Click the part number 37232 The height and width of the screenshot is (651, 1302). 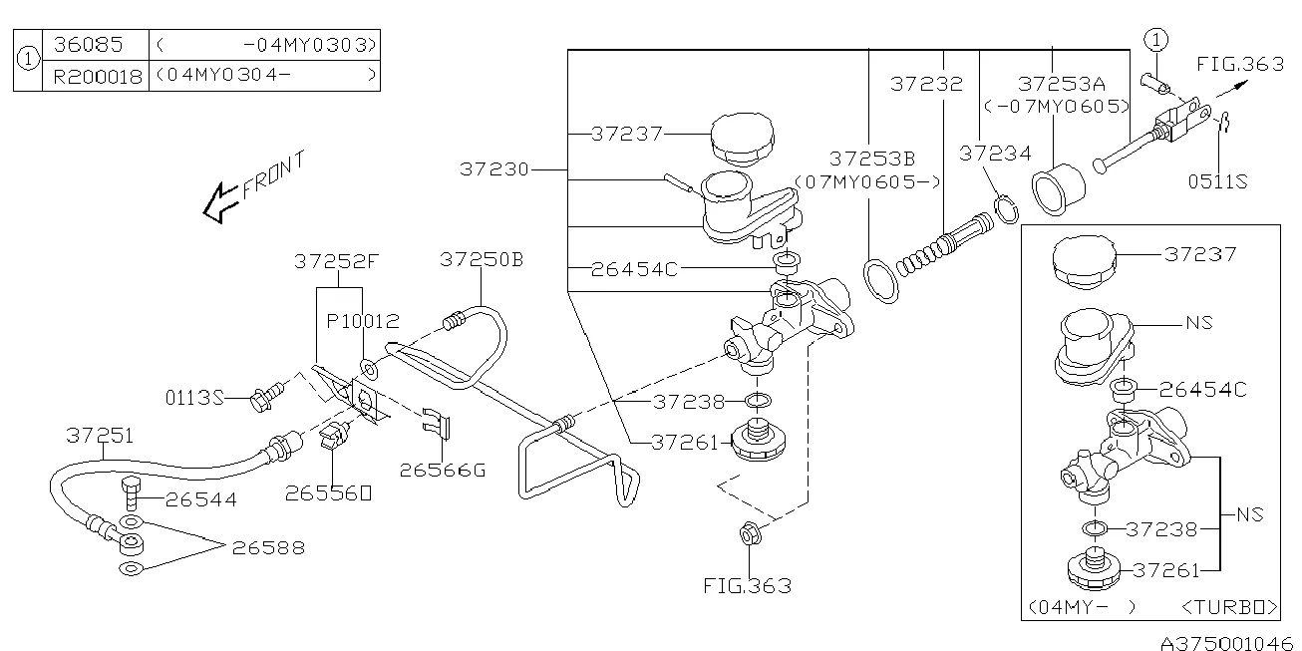tap(926, 84)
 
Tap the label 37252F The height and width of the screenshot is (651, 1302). tap(336, 261)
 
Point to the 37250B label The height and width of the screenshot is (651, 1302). tap(482, 260)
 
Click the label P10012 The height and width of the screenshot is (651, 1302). tap(364, 321)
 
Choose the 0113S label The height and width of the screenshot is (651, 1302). tap(194, 398)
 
